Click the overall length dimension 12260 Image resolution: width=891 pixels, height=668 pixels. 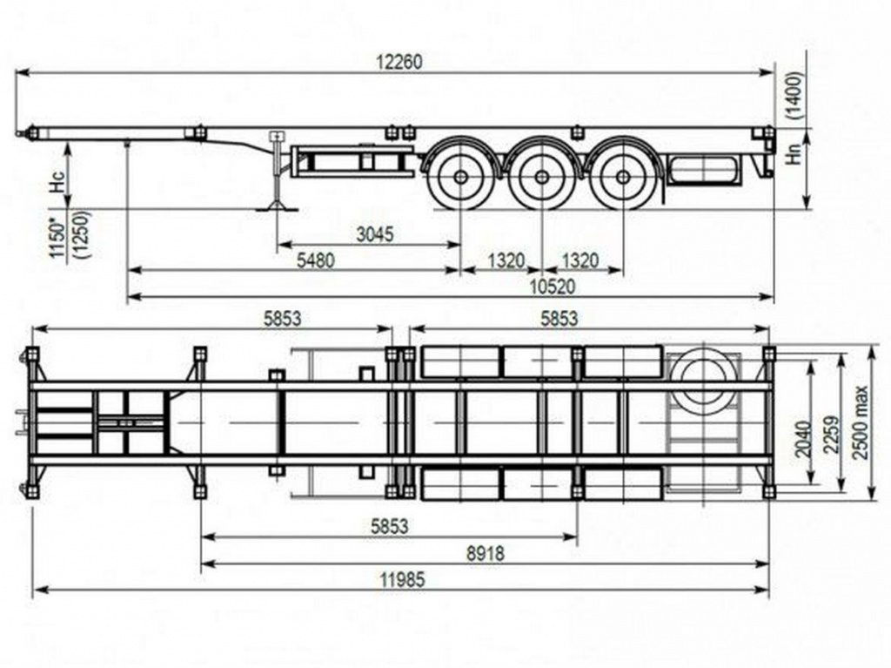400,62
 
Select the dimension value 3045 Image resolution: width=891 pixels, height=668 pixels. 374,234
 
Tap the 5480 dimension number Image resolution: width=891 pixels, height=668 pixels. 317,260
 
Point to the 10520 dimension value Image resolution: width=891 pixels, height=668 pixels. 552,287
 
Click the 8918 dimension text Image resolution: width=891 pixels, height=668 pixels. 486,552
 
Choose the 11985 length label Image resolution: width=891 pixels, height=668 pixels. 403,580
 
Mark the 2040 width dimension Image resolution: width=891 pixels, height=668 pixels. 803,439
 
